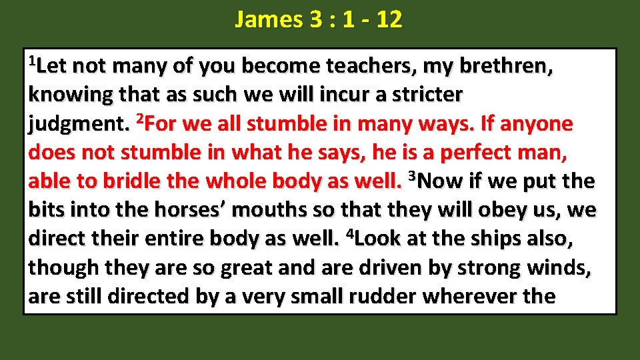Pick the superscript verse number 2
pos(139,119)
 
